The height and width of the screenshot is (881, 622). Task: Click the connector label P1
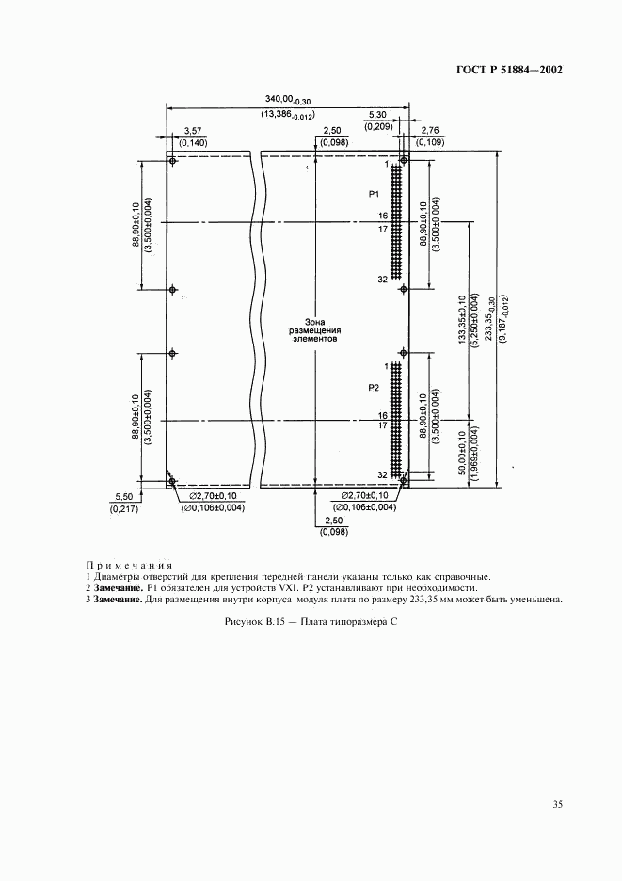tap(373, 194)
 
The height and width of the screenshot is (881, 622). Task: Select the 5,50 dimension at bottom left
tap(123, 496)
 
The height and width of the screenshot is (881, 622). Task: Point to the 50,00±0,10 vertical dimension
tap(460, 456)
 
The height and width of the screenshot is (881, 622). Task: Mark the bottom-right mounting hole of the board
tap(402, 480)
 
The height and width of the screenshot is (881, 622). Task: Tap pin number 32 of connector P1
tap(381, 280)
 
